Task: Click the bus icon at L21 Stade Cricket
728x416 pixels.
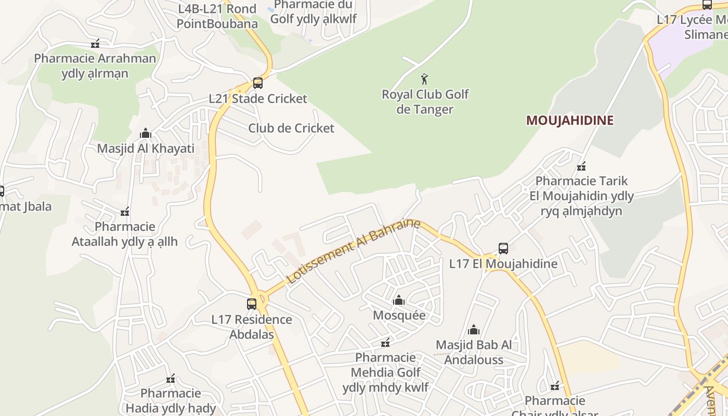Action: point(257,83)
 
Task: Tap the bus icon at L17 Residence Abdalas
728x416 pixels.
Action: point(252,304)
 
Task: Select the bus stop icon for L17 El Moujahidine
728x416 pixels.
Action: point(503,249)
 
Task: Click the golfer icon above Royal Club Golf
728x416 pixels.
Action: point(424,79)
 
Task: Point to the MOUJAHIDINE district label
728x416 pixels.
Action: point(570,121)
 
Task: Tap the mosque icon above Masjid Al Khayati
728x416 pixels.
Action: point(146,134)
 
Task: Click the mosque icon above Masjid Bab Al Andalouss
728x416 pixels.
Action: point(473,330)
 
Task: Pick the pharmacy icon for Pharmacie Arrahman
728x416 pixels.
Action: point(95,44)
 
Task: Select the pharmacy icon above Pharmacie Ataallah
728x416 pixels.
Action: point(125,212)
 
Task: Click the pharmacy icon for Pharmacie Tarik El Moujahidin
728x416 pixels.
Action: point(581,166)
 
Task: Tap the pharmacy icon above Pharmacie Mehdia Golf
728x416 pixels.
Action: point(385,343)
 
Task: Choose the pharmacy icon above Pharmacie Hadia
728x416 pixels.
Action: point(171,378)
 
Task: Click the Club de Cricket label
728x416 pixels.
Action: point(291,128)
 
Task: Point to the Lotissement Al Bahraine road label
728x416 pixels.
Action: point(353,251)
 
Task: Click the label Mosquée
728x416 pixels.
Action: point(399,315)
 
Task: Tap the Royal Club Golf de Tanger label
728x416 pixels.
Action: point(425,102)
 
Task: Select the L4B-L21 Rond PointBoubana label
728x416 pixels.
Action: point(217,16)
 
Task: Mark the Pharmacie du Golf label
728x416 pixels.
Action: point(314,12)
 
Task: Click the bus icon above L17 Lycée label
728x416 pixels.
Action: point(707,5)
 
